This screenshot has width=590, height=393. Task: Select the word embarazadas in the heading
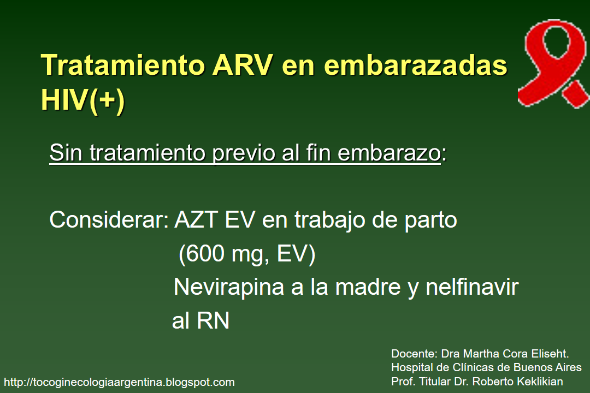point(416,66)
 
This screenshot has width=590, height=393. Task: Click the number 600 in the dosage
point(204,255)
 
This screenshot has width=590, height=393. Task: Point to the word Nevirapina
point(229,288)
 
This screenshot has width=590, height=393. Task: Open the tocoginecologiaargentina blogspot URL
point(119,382)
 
